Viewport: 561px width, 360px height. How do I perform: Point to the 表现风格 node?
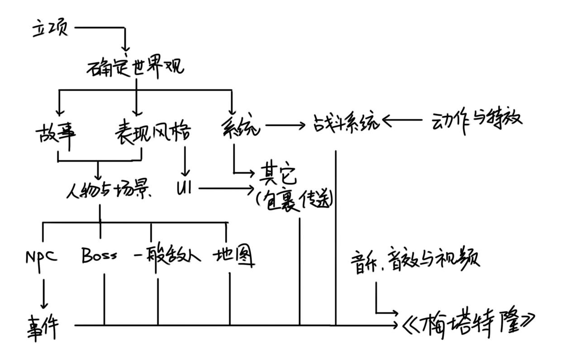coord(152,132)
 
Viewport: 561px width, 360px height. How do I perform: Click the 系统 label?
coord(241,127)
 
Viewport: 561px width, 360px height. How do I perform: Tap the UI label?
coord(184,189)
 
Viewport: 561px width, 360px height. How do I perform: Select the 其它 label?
coord(277,174)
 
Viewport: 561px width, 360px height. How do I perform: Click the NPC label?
coord(41,257)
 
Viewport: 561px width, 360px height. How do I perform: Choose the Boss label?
coord(100,256)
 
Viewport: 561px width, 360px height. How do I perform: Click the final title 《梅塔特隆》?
coord(468,324)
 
